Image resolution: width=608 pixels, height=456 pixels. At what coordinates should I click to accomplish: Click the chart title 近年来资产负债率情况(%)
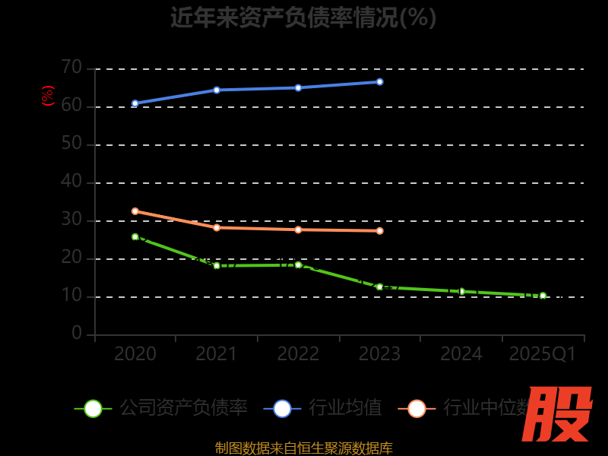click(x=303, y=17)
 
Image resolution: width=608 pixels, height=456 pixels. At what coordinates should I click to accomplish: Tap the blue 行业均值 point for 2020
click(x=135, y=103)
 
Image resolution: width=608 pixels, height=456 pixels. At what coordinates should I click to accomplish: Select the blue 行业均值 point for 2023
click(x=380, y=81)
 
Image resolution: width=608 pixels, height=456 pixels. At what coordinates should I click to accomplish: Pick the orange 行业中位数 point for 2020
click(x=135, y=211)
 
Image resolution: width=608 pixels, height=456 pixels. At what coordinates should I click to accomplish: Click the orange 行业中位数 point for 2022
click(x=298, y=230)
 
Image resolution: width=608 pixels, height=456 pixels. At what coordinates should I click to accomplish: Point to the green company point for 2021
click(x=217, y=266)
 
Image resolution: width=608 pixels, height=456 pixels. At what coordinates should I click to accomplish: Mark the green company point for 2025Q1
click(x=543, y=296)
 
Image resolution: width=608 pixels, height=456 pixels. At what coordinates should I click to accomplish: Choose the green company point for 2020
click(x=135, y=237)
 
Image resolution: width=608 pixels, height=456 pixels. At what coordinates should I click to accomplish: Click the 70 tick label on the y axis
click(x=71, y=68)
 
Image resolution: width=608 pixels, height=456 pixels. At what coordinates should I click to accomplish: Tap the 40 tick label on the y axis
click(x=71, y=182)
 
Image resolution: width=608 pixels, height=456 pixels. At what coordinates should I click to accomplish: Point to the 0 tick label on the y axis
click(x=77, y=334)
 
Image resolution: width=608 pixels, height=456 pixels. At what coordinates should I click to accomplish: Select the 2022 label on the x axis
click(x=298, y=354)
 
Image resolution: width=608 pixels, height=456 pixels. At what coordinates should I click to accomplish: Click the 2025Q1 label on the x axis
click(x=543, y=354)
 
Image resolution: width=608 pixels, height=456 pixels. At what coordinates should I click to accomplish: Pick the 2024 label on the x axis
click(x=461, y=354)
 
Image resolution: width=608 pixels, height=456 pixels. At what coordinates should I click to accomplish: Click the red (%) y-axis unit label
click(x=48, y=96)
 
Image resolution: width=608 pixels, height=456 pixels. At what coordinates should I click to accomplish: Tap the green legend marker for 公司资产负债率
click(x=93, y=408)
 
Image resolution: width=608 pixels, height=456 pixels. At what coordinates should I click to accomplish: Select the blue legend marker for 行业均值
click(x=282, y=408)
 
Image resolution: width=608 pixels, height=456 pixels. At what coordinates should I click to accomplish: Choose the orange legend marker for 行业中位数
click(x=416, y=408)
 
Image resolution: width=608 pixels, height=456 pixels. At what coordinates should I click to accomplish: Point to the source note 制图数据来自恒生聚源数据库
click(x=303, y=448)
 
